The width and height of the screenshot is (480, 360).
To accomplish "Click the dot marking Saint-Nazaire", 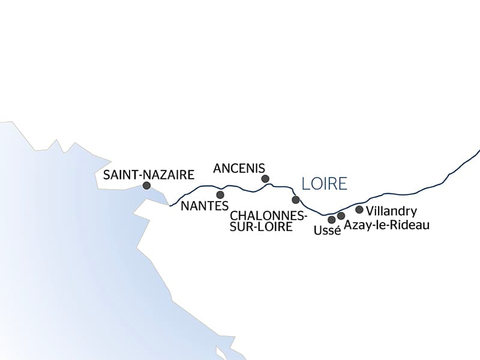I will tap(146, 186).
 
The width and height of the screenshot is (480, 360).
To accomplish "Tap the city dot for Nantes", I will tap(220, 195).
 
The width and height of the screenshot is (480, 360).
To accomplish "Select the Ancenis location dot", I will tap(265, 178).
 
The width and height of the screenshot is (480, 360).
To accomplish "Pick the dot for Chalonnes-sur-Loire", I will tap(295, 200).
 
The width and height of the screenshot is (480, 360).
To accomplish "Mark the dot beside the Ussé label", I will tap(332, 220).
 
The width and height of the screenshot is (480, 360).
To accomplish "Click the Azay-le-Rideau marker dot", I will tap(341, 215).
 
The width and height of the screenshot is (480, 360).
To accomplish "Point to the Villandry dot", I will tap(359, 209).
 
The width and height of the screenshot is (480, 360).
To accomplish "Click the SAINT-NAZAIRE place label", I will tap(149, 175).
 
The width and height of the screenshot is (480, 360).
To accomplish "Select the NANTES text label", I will tap(205, 206).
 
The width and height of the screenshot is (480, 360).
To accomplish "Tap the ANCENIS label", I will tap(239, 167).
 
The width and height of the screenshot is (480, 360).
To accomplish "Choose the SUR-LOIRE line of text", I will tap(261, 227).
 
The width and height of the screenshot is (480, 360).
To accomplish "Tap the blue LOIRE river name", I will tap(325, 184).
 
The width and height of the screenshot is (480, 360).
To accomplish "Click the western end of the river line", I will tap(171, 206).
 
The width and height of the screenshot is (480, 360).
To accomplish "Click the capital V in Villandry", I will tap(370, 211).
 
